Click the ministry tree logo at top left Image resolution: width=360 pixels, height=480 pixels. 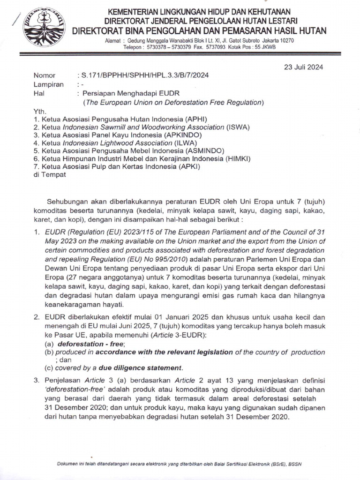click(x=45, y=27)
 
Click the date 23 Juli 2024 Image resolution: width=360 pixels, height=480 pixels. click(x=303, y=67)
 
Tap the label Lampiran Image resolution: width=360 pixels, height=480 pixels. click(x=48, y=84)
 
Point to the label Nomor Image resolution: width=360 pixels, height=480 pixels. click(x=45, y=75)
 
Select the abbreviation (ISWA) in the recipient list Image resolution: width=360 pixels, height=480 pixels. click(x=239, y=127)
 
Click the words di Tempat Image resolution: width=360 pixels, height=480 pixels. click(x=50, y=174)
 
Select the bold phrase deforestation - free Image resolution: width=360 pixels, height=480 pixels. click(x=87, y=344)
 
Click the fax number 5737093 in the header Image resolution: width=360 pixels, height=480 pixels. click(x=221, y=47)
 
